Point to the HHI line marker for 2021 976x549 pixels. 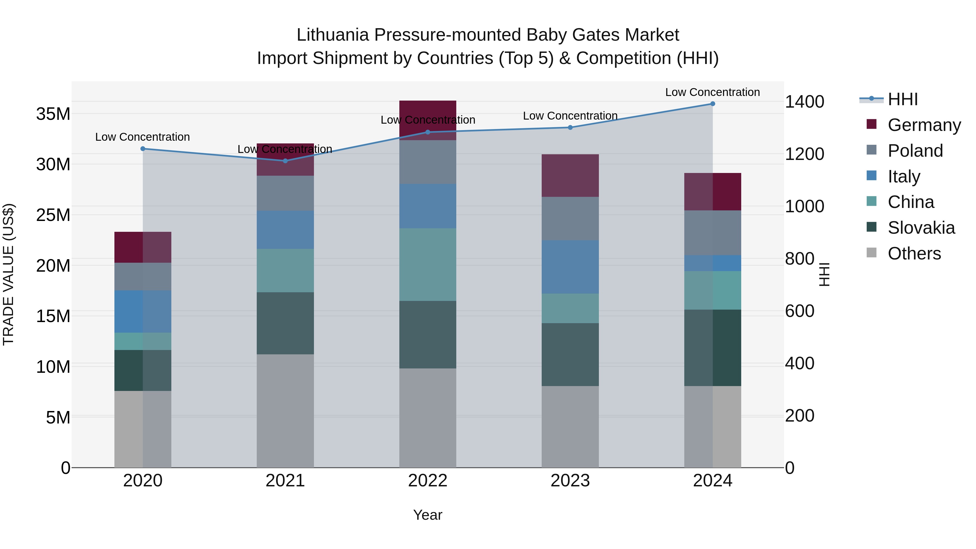click(x=285, y=161)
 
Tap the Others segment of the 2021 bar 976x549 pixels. click(x=285, y=411)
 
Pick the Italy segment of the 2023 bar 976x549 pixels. click(x=570, y=267)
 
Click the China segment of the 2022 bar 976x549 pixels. click(x=428, y=264)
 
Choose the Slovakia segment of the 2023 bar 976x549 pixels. click(x=570, y=355)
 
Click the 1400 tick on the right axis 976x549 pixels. click(x=804, y=102)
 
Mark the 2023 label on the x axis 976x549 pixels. click(x=570, y=481)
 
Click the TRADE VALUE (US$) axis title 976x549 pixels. click(x=8, y=274)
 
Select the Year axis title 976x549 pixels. click(x=428, y=515)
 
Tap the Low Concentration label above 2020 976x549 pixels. click(x=142, y=137)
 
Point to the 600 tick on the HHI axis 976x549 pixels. click(x=800, y=311)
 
